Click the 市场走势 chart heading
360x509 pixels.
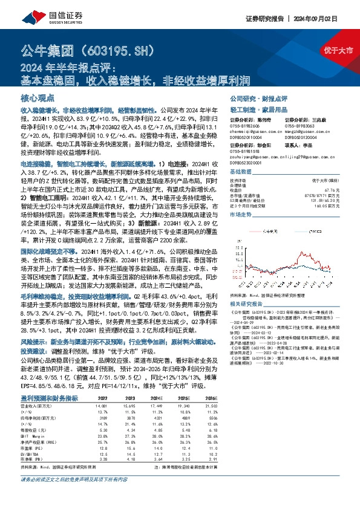[240, 214]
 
